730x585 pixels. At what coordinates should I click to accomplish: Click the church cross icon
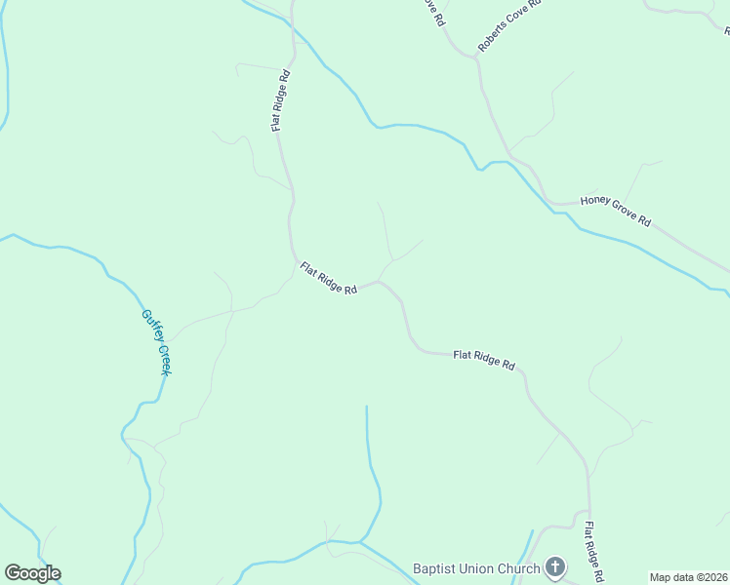(555, 567)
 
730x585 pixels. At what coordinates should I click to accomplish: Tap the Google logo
(32, 573)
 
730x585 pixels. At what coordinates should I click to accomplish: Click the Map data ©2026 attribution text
(688, 577)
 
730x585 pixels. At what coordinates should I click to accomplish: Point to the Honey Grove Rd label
(615, 211)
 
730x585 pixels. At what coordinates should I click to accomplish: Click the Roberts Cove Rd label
(508, 33)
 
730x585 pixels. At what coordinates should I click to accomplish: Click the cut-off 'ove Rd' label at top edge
(435, 13)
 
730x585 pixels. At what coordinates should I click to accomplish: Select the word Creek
(164, 360)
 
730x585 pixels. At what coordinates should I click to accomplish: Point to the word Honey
(595, 202)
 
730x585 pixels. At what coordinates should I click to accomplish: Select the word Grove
(624, 213)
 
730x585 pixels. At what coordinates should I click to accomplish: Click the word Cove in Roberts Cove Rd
(513, 27)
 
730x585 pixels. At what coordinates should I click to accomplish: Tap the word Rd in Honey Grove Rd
(644, 221)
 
